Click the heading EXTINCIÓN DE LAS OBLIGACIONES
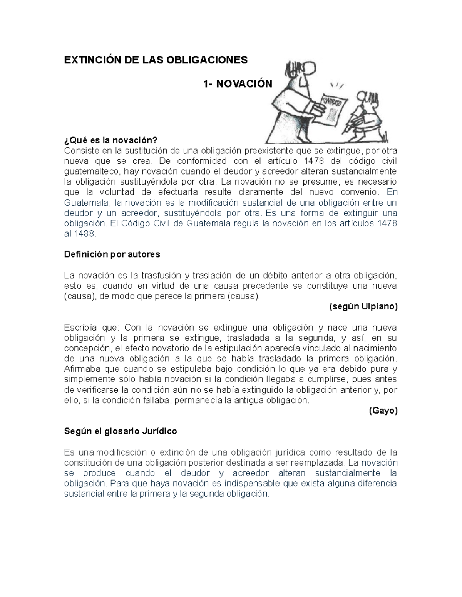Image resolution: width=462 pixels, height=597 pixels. (156, 60)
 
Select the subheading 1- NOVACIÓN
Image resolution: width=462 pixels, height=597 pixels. (238, 84)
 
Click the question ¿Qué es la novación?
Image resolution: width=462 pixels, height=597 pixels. (111, 140)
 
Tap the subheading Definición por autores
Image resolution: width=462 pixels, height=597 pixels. (112, 254)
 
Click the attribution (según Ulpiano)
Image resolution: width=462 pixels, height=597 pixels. (363, 306)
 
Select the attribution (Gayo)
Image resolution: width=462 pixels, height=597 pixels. (383, 411)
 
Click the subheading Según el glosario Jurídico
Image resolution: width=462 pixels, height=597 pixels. (121, 431)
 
